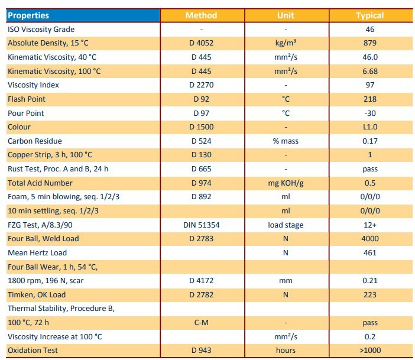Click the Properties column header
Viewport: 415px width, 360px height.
(28, 15)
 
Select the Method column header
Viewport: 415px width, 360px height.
(201, 15)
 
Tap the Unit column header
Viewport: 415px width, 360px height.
(286, 15)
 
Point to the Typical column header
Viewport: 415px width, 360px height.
(370, 15)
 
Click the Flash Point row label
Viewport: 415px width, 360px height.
(27, 99)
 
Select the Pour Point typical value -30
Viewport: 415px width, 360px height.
(370, 113)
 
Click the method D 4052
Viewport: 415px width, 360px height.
(201, 43)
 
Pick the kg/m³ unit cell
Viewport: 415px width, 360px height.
(286, 43)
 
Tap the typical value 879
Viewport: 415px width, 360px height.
(370, 43)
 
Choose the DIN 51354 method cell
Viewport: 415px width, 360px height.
(201, 225)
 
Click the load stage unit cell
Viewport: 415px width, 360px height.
(286, 225)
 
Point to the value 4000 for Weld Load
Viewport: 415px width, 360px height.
(370, 239)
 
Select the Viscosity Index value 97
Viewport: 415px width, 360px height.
(370, 85)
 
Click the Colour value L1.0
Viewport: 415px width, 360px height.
(370, 127)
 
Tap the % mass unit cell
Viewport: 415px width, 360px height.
(286, 141)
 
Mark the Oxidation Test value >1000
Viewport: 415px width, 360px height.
(370, 351)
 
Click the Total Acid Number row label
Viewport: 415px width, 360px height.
(40, 183)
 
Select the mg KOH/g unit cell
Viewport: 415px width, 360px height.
(286, 183)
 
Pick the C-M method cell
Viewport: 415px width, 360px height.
(201, 323)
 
